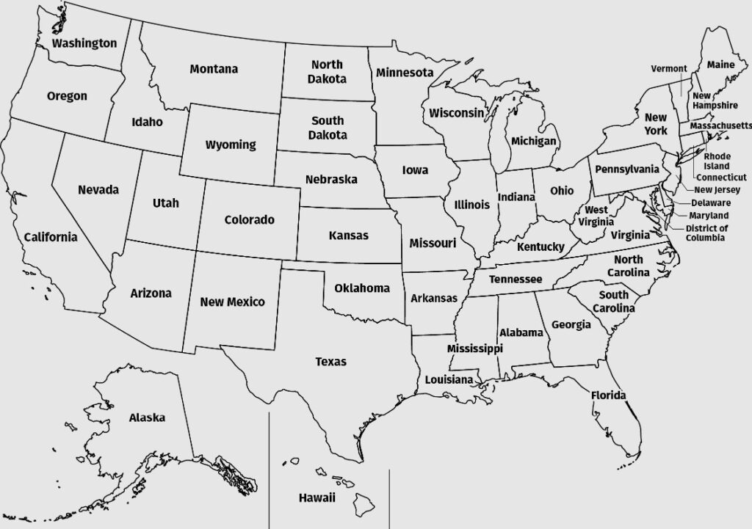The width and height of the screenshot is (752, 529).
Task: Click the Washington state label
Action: [84, 43]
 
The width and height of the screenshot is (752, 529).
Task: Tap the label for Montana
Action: [214, 69]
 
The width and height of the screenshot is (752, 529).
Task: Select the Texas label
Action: [330, 362]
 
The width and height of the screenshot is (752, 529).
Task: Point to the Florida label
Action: [609, 396]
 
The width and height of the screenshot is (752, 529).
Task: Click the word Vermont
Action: [669, 69]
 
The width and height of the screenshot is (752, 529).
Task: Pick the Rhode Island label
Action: [717, 161]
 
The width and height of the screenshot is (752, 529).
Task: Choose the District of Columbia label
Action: [706, 233]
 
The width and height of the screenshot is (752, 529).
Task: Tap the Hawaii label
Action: [317, 498]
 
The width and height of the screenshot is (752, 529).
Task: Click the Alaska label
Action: [147, 417]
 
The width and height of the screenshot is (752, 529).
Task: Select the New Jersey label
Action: [722, 190]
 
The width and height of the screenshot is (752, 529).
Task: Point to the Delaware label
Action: [710, 203]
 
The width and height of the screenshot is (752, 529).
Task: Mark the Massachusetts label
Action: [720, 126]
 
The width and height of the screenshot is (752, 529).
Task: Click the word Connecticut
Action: [721, 178]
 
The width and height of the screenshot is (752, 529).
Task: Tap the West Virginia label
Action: [596, 216]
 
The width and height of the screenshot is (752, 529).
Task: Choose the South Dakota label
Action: [328, 128]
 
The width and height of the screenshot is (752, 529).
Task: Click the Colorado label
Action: [249, 219]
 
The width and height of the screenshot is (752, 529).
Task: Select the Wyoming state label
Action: [231, 145]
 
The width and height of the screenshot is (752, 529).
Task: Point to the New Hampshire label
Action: [715, 101]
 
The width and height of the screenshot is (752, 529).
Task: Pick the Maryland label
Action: [709, 216]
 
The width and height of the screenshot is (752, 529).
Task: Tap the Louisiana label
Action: [449, 379]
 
